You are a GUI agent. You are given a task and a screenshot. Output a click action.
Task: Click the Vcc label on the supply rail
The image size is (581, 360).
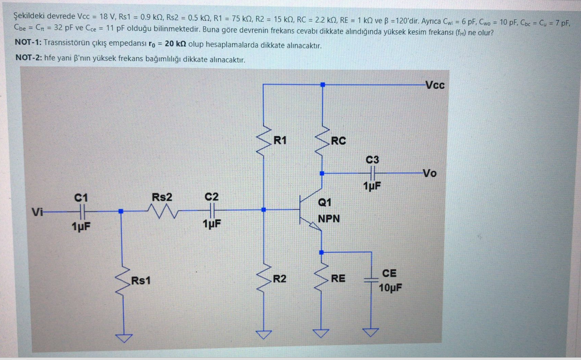434,85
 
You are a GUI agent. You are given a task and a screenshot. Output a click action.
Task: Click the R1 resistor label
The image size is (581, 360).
280,141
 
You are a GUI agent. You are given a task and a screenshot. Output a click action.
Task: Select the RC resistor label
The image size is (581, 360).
338,141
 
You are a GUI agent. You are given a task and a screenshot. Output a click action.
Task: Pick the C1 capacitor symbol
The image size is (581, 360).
81,211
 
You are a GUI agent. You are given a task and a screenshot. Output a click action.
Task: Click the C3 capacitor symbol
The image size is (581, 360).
372,173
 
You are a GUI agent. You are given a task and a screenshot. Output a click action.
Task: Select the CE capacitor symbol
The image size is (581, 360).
371,280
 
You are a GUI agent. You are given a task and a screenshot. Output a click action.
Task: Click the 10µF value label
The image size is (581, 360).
391,288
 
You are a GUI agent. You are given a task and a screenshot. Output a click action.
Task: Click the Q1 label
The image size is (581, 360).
325,203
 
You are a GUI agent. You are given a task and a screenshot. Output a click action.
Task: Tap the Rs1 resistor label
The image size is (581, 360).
140,281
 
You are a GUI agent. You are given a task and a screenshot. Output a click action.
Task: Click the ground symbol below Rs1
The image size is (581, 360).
122,338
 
